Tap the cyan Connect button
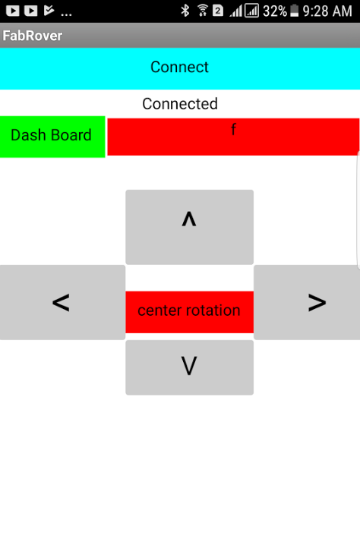tap(180, 68)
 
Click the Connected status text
tap(180, 104)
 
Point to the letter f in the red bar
tap(233, 129)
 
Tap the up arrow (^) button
tap(190, 227)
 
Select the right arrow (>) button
tap(307, 302)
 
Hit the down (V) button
tap(190, 367)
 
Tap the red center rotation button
tap(190, 312)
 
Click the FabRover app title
tap(33, 36)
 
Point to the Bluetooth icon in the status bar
tap(185, 11)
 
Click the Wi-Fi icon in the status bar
tap(203, 11)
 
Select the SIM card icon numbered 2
tap(217, 11)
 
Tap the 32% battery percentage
tap(275, 11)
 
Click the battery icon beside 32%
tap(294, 11)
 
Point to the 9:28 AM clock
tap(327, 11)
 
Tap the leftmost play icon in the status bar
tap(13, 11)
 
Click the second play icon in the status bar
tap(31, 11)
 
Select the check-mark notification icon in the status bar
tap(49, 11)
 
